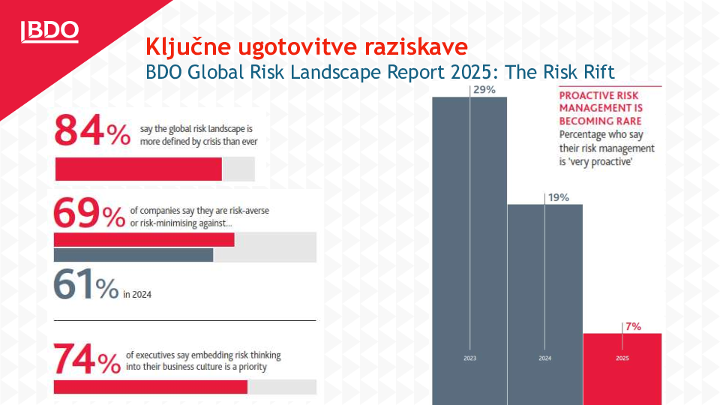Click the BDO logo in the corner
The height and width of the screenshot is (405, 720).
point(49,31)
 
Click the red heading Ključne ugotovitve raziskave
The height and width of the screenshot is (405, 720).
point(306,46)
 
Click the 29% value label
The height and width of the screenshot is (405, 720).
point(484,90)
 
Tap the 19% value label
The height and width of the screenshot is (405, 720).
point(559,197)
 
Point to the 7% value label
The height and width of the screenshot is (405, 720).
point(633,326)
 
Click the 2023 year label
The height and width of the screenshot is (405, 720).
point(469,358)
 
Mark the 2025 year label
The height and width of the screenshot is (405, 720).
point(622,358)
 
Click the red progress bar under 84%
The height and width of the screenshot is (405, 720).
point(139,169)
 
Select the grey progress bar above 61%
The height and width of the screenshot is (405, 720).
point(133,255)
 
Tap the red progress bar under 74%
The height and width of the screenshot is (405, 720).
point(151,387)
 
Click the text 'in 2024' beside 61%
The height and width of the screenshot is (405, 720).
point(136,295)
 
